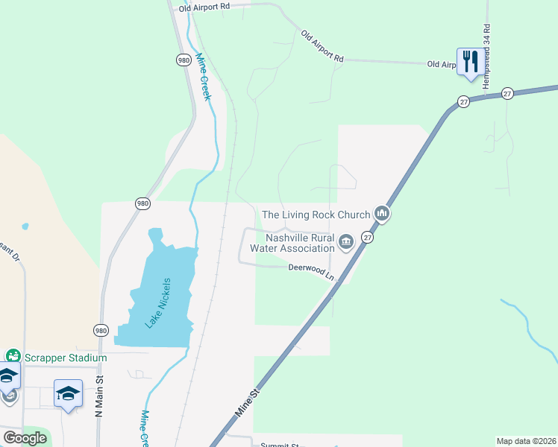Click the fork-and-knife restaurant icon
[469, 60]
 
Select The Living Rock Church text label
[316, 215]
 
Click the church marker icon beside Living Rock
[382, 215]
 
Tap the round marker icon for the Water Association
[346, 241]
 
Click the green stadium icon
[12, 357]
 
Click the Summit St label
[278, 445]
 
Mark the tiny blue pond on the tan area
[25, 225]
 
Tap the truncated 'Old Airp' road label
[441, 65]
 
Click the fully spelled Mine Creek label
[204, 77]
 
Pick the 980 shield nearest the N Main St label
[101, 329]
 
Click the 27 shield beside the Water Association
[367, 236]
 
